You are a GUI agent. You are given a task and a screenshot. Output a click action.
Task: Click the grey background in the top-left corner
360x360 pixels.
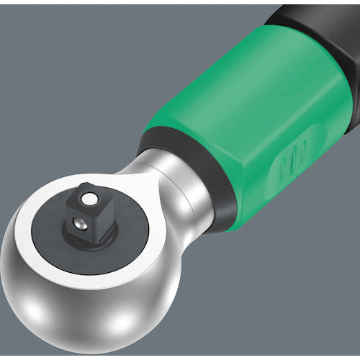[29, 29]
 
